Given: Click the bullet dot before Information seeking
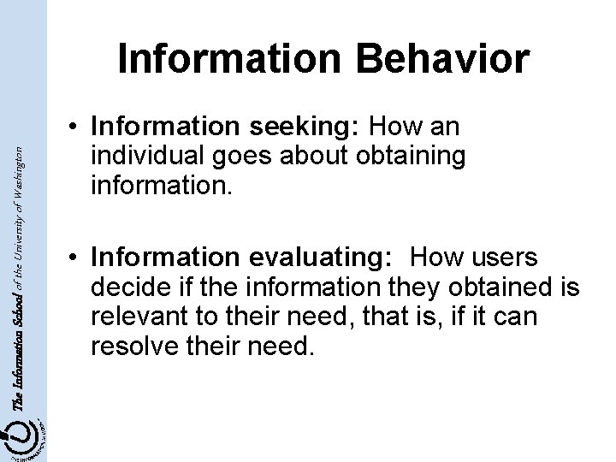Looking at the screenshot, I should [76, 128].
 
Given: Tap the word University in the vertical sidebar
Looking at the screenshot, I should [32, 218].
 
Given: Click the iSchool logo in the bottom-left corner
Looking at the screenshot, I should [24, 432].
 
